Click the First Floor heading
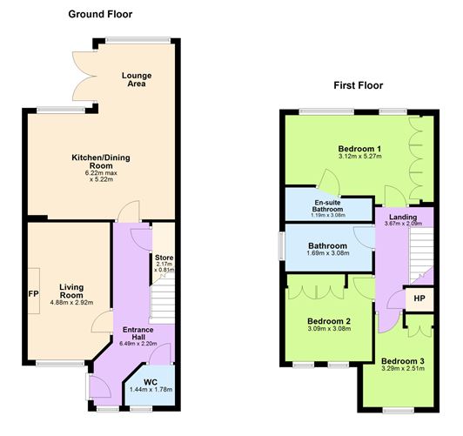coord(358,85)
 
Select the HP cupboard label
coord(419,298)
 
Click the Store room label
coord(164,257)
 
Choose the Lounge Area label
coord(136,79)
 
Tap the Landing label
coord(401,217)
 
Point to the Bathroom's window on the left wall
coord(280,245)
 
